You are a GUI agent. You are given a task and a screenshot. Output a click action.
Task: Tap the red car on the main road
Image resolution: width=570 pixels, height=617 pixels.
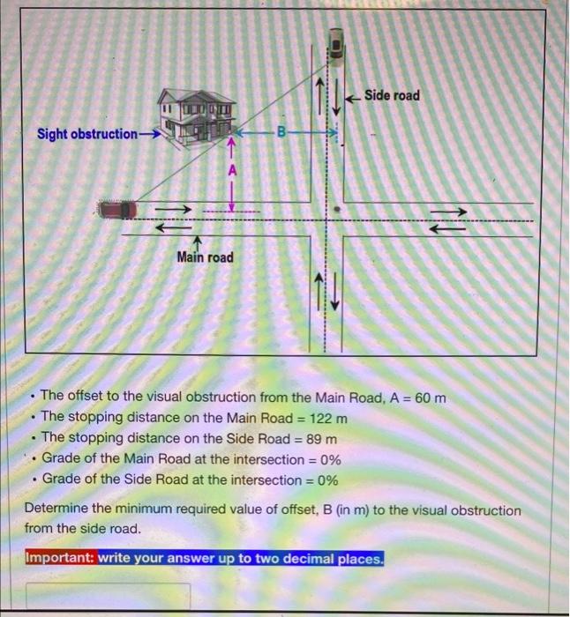(116, 210)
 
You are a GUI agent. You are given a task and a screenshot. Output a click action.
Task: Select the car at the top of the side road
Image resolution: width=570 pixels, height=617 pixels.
(337, 44)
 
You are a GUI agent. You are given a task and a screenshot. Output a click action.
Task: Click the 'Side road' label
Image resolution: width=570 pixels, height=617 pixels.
(392, 95)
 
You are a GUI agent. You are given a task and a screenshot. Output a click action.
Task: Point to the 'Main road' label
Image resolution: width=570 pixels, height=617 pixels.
(205, 257)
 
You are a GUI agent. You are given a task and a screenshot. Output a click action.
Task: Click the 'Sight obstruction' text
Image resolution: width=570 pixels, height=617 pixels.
(86, 134)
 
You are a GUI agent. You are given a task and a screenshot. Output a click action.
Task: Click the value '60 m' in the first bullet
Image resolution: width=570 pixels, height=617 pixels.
(430, 398)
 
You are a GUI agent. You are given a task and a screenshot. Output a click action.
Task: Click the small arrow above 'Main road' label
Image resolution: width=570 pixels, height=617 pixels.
(199, 242)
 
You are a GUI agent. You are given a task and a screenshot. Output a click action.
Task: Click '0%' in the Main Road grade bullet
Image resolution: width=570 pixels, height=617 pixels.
(328, 459)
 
